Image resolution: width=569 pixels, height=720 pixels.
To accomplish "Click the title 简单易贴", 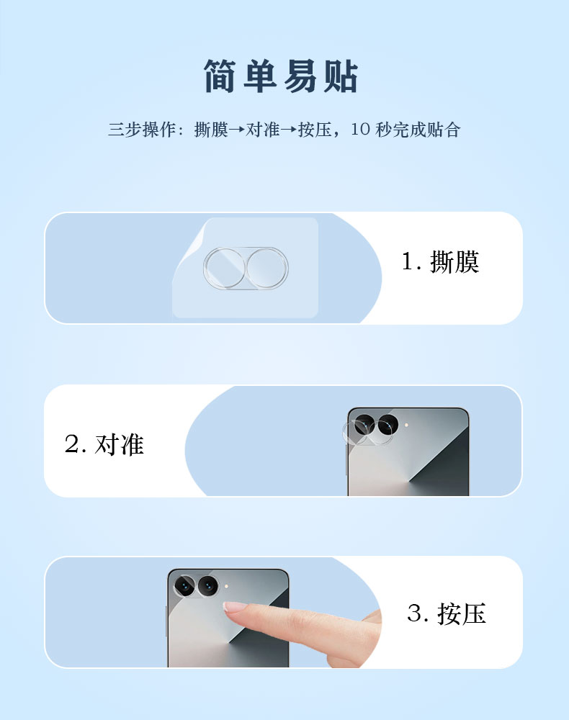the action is (x=281, y=76).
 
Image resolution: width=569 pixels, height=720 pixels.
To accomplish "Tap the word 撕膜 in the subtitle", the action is (x=211, y=130).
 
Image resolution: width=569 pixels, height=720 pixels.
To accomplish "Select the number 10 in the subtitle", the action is (x=360, y=129).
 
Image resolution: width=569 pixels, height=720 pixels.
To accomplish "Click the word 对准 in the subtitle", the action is (x=263, y=130).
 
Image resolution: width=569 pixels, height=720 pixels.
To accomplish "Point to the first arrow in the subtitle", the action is (x=237, y=130).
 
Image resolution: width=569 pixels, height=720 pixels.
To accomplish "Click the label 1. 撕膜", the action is (x=440, y=262).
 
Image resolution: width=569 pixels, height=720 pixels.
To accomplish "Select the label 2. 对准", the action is (x=104, y=444).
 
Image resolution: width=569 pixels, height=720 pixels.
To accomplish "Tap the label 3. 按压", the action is (x=447, y=613).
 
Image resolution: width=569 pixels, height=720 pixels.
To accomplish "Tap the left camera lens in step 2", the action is (x=364, y=424).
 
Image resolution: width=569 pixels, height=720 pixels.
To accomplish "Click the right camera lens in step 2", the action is (x=387, y=424).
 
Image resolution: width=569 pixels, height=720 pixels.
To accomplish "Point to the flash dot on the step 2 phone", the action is (x=406, y=426).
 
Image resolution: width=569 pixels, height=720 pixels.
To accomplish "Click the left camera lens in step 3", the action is (x=184, y=586).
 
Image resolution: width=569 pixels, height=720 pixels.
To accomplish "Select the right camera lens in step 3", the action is (x=207, y=586).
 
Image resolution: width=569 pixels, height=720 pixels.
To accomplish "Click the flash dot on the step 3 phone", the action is (x=227, y=587).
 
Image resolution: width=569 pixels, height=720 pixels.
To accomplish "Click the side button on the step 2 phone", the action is (x=346, y=459).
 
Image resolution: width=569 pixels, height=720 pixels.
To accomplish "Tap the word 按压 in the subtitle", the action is (x=315, y=130).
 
